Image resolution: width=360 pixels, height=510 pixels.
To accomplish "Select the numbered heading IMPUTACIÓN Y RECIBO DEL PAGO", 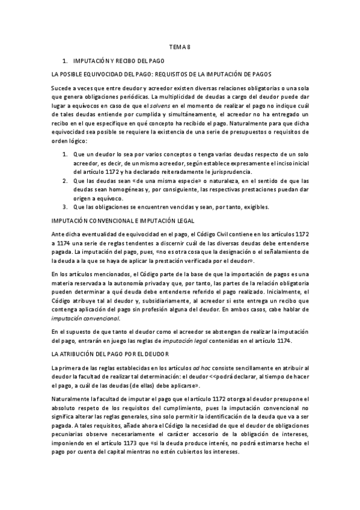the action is coord(118,61).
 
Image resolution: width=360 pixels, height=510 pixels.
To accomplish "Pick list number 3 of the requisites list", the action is coord(65,207).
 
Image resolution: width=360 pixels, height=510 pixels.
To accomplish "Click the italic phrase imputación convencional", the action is coord(86,318).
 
